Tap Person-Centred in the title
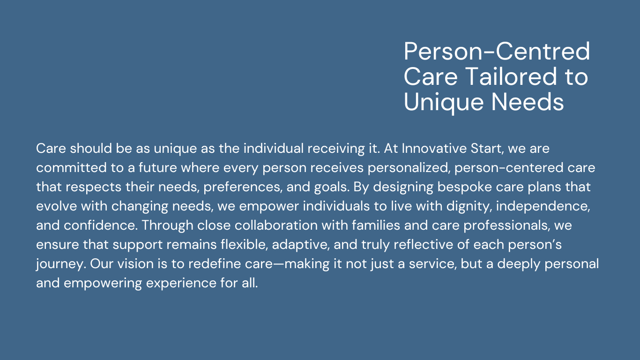pyautogui.click(x=497, y=51)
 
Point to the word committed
pyautogui.click(x=71, y=167)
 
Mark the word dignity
pyautogui.click(x=469, y=206)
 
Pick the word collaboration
pyautogui.click(x=276, y=225)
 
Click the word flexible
pyautogui.click(x=244, y=245)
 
